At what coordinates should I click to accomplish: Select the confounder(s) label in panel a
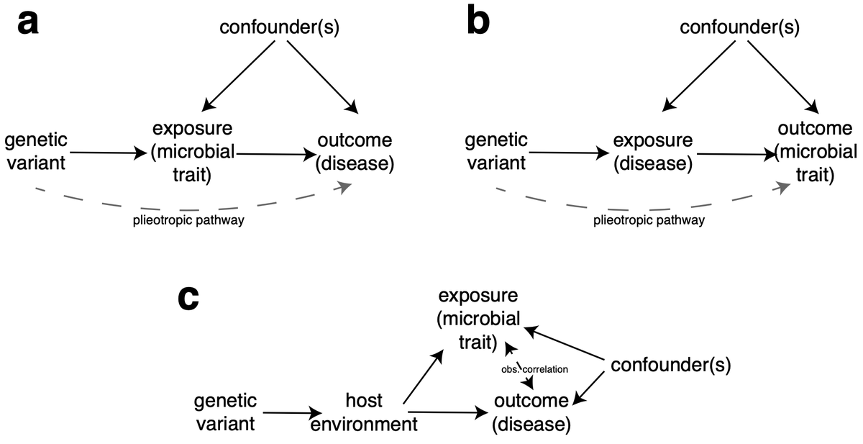pyautogui.click(x=278, y=28)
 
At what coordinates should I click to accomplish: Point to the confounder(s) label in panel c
pyautogui.click(x=670, y=365)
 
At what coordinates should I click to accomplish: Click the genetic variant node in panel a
pyautogui.click(x=35, y=151)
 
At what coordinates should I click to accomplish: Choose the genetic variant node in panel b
pyautogui.click(x=496, y=151)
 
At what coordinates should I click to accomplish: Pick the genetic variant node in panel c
pyautogui.click(x=224, y=412)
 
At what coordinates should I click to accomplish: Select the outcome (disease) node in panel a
pyautogui.click(x=355, y=152)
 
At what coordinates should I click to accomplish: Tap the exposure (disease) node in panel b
pyautogui.click(x=654, y=152)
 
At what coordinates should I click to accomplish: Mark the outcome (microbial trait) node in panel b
pyautogui.click(x=816, y=152)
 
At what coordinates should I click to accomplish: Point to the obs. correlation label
pyautogui.click(x=535, y=368)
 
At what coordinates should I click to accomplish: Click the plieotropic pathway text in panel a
pyautogui.click(x=189, y=221)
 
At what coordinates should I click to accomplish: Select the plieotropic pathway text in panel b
pyautogui.click(x=649, y=221)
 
